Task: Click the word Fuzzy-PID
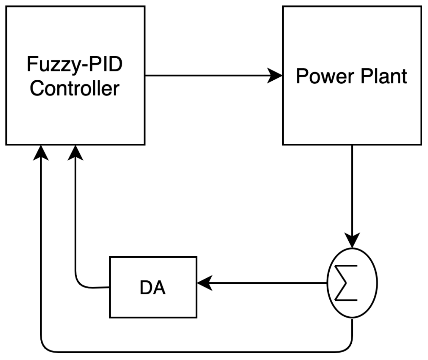click(x=75, y=64)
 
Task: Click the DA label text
click(x=153, y=288)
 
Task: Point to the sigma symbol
click(x=346, y=283)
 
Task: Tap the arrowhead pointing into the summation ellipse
click(x=352, y=240)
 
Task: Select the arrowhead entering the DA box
click(x=205, y=283)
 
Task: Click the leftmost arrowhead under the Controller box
click(x=41, y=153)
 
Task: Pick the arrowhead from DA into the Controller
click(x=75, y=153)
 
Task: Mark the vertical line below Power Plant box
click(x=352, y=190)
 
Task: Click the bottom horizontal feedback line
click(x=197, y=352)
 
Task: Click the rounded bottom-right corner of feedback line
click(x=349, y=348)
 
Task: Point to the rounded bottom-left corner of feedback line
click(x=44, y=348)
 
